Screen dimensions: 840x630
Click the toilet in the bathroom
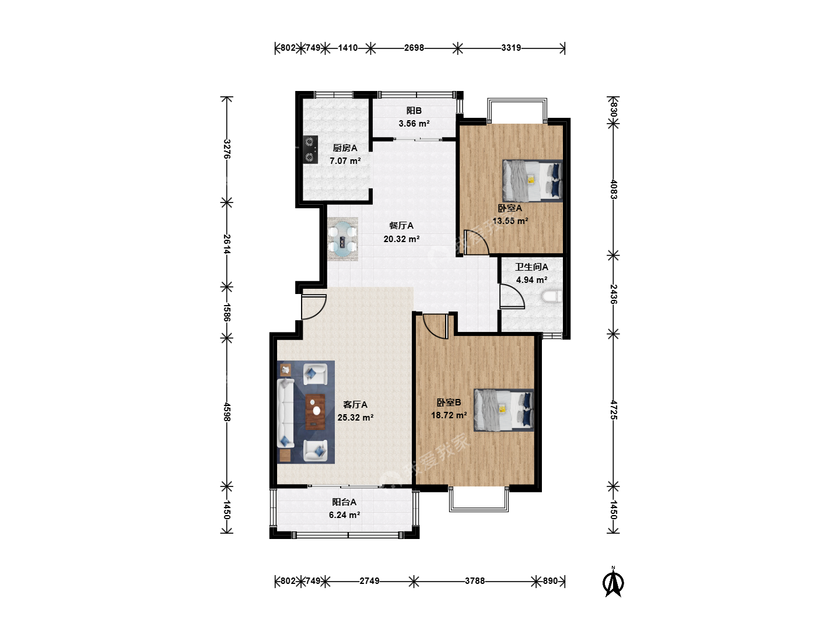click(x=552, y=296)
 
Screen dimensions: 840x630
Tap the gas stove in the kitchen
click(x=310, y=149)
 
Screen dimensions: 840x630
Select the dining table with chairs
click(x=342, y=239)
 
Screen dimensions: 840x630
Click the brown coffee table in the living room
click(x=316, y=412)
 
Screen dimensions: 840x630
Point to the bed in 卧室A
click(x=533, y=180)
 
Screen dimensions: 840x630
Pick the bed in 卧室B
click(x=503, y=409)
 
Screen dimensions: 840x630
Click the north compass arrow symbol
click(x=613, y=582)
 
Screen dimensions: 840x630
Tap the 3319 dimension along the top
click(x=511, y=48)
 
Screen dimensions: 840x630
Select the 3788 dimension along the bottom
click(x=474, y=580)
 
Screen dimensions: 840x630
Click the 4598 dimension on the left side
click(x=227, y=412)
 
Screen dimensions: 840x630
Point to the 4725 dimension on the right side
click(x=614, y=409)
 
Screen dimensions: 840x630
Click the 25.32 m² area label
click(x=355, y=417)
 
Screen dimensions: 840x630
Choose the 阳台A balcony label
click(x=344, y=502)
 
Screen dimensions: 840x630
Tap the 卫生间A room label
click(x=531, y=267)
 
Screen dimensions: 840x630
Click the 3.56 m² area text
click(x=414, y=124)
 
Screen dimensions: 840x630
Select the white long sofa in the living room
click(x=285, y=412)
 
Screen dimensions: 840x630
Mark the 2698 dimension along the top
click(x=414, y=48)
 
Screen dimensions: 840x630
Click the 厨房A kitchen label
click(x=345, y=148)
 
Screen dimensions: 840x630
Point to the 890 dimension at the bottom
click(x=550, y=580)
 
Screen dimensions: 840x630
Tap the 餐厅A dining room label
click(x=401, y=226)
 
